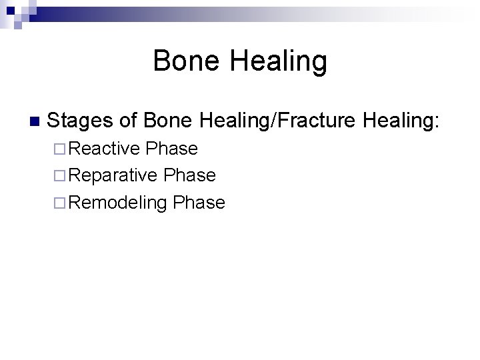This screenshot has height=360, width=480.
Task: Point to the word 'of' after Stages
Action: click(x=129, y=121)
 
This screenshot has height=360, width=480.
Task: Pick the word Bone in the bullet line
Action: click(x=167, y=121)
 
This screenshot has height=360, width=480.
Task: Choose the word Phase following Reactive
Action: click(x=172, y=149)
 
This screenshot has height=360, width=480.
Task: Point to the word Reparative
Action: click(x=113, y=176)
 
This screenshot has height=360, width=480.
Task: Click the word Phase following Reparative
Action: click(x=190, y=175)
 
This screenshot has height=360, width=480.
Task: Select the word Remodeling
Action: click(x=117, y=203)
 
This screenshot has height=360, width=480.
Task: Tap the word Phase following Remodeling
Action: click(x=199, y=203)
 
